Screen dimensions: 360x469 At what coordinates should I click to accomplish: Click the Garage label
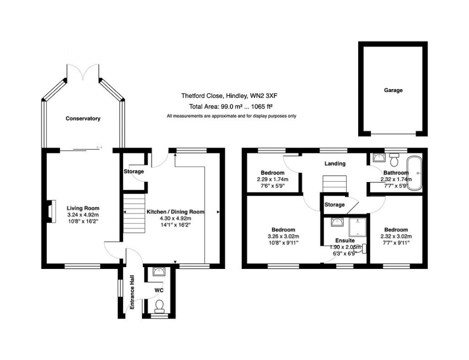click(393, 91)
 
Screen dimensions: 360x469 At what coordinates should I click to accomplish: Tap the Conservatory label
click(83, 119)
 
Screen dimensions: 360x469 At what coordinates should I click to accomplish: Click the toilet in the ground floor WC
click(160, 305)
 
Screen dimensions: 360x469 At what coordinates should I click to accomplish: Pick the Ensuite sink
click(337, 223)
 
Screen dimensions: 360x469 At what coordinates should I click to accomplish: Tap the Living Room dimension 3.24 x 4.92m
click(82, 215)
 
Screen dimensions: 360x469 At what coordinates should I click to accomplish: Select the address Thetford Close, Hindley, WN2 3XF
click(229, 97)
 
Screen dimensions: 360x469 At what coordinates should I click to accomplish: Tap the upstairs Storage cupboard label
click(334, 205)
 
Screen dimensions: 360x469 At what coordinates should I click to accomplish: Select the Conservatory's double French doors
click(83, 72)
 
